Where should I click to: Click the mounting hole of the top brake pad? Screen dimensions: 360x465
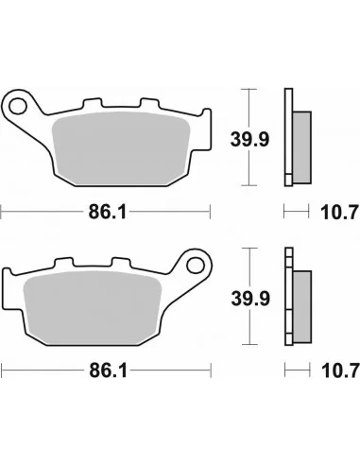18,106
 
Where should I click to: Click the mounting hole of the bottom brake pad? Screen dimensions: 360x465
196,266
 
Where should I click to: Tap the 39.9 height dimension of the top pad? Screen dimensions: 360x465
249,139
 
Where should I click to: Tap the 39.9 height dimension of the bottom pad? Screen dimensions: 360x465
250,299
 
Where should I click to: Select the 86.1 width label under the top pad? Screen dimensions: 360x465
108,212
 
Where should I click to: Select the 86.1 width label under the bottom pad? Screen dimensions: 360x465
109,370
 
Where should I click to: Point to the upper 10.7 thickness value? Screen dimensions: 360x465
339,212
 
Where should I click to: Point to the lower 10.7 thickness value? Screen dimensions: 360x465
340,370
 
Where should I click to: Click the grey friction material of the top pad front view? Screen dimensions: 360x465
121,148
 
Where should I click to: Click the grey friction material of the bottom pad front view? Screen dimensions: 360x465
93,307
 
